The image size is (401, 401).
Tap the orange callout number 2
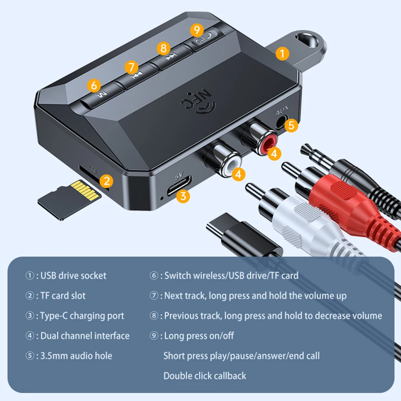point(106,181)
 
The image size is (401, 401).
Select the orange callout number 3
point(183,195)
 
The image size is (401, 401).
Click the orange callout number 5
point(291,125)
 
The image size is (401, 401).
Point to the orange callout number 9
point(196,29)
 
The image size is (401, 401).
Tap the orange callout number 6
point(94,85)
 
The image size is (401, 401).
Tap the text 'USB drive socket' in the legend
point(73,276)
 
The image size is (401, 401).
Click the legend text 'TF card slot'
point(63,296)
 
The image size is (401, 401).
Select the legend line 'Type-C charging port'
point(82,316)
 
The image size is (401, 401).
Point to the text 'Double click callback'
point(205,376)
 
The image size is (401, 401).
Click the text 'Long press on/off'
point(199,336)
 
